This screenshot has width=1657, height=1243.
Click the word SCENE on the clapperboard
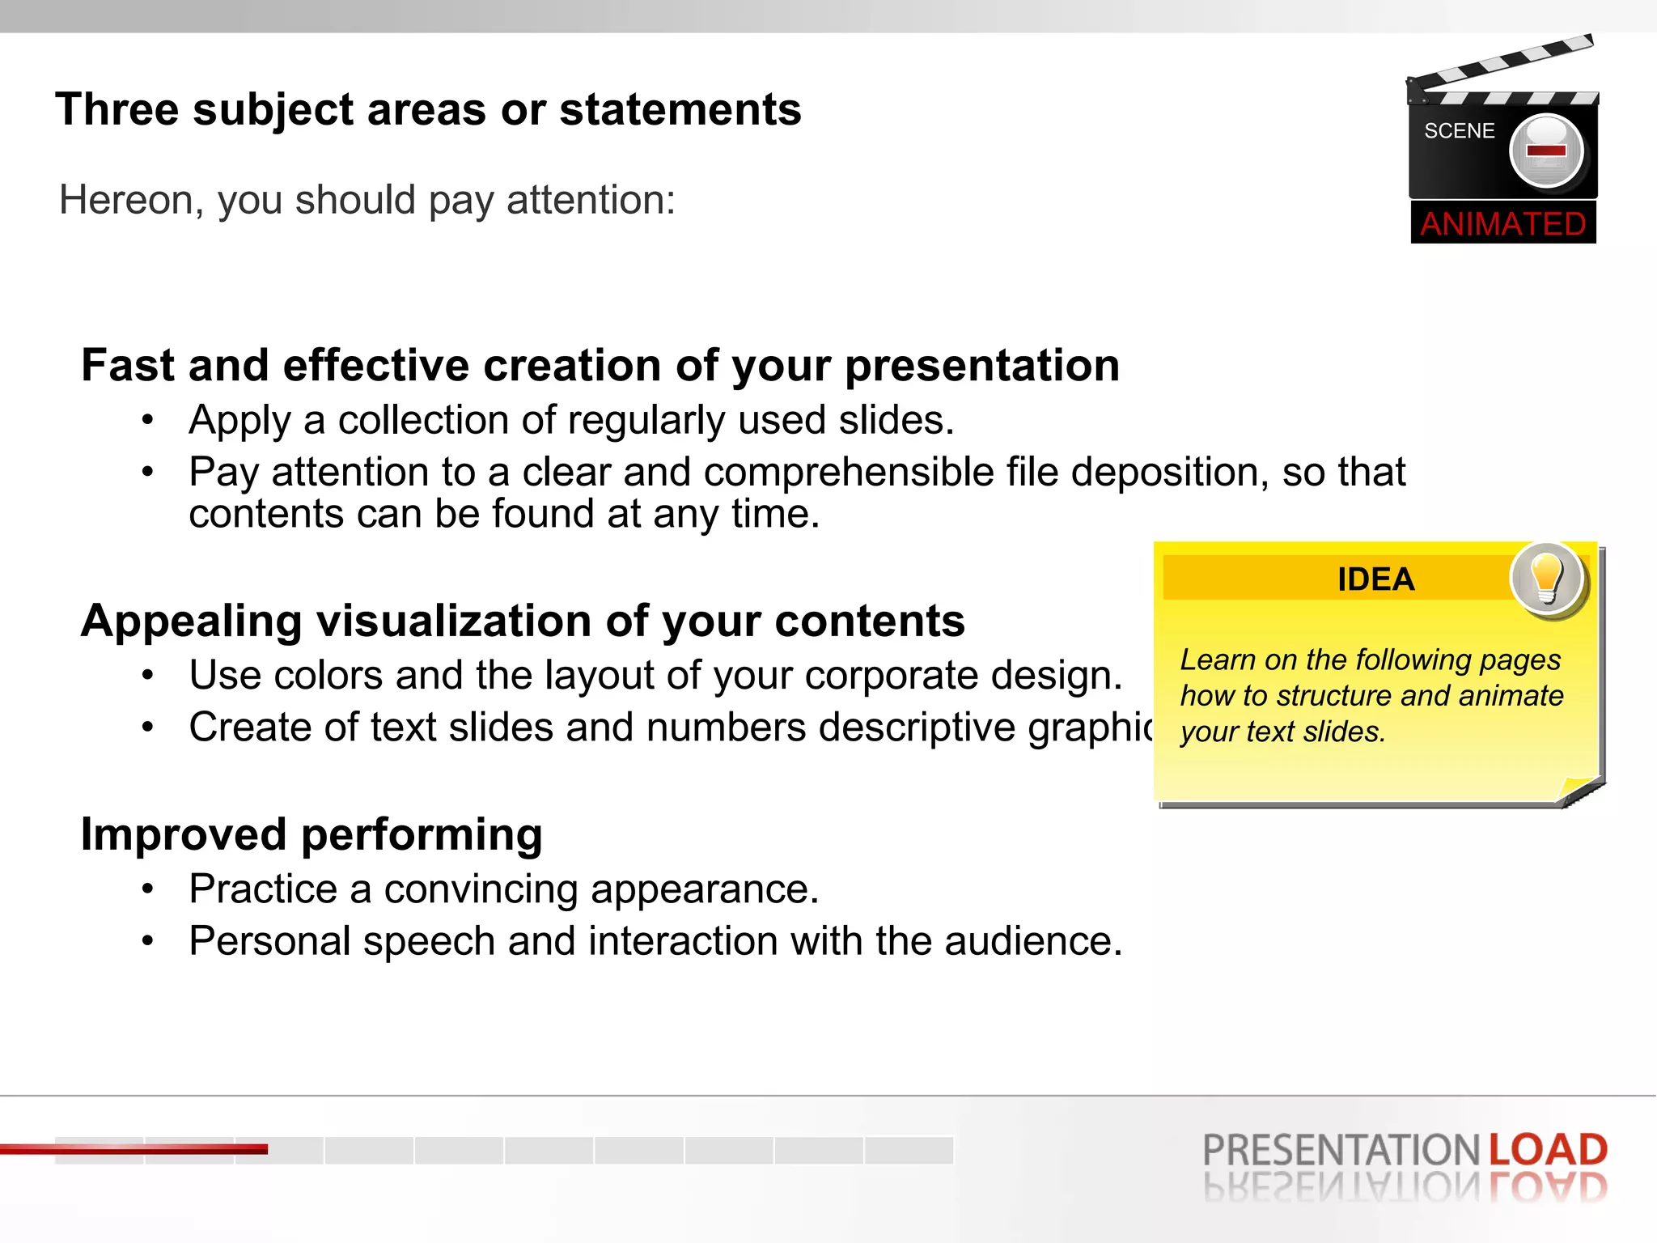(x=1459, y=131)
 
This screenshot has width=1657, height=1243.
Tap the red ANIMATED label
(x=1503, y=223)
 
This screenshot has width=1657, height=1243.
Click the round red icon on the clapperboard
(x=1546, y=151)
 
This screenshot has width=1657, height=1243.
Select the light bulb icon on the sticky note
(x=1547, y=579)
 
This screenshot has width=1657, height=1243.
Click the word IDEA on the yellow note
(x=1375, y=579)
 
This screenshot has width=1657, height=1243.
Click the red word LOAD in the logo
(x=1547, y=1150)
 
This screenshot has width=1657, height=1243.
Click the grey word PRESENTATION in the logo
(x=1341, y=1150)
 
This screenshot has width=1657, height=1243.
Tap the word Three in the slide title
(x=117, y=109)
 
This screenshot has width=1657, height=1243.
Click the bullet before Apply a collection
(x=147, y=420)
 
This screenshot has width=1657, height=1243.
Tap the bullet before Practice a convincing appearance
(x=147, y=889)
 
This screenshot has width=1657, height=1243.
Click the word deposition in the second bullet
(x=1169, y=473)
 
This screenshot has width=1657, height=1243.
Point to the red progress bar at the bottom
(x=133, y=1148)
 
